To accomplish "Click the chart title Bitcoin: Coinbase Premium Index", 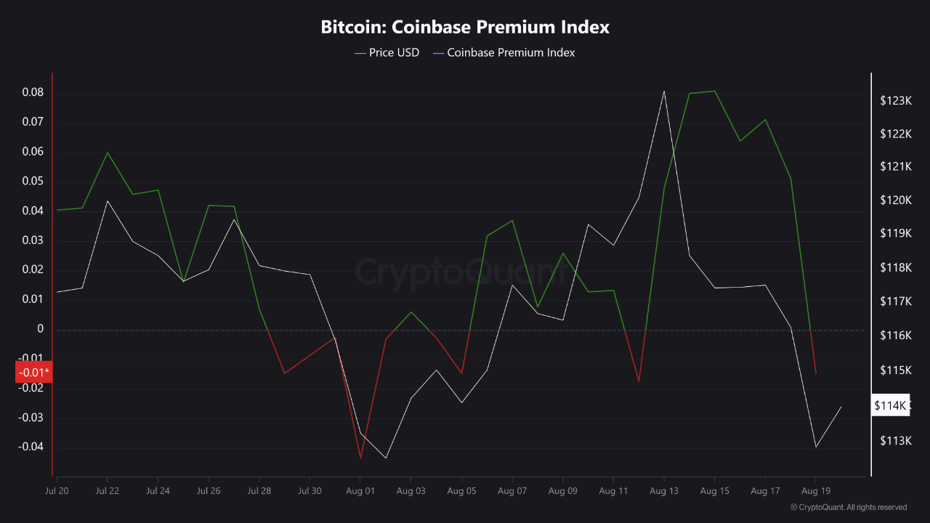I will [x=465, y=28].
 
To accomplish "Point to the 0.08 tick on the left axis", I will [x=32, y=93].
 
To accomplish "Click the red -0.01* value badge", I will [x=33, y=373].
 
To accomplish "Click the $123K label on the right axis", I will [x=895, y=100].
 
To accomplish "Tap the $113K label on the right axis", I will [x=895, y=441].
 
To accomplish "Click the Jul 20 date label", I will [x=57, y=491].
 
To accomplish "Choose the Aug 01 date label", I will [x=360, y=491].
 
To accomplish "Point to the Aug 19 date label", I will [x=815, y=491].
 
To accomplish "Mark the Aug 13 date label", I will [x=663, y=491].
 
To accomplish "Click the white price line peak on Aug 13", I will [x=664, y=92].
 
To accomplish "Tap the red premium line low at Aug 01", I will [x=360, y=458].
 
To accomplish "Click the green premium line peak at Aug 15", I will [x=715, y=91].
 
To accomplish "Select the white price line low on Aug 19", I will [x=816, y=447].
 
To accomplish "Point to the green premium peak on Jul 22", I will [x=108, y=153].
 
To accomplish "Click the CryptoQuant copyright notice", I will [x=849, y=507].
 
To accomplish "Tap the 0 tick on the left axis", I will [x=40, y=329].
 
